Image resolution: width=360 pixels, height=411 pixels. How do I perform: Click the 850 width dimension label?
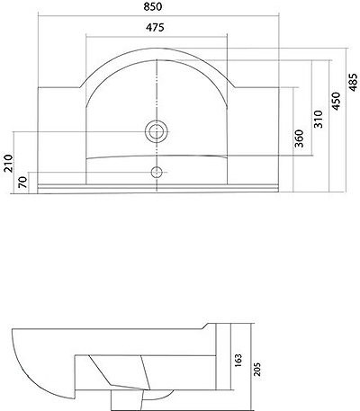153,6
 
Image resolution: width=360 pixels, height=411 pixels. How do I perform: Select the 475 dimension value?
155,27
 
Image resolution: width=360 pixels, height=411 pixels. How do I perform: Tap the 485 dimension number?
354,82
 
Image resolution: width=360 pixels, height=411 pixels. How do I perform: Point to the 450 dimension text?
337,101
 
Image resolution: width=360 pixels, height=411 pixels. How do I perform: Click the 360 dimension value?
299,138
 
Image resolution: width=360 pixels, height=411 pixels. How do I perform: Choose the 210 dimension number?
8,163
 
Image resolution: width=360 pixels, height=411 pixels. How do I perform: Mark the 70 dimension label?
23,182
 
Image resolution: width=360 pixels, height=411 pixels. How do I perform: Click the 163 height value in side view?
238,362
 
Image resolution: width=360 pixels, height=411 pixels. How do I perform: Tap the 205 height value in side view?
257,370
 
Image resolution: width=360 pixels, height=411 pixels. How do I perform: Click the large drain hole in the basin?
156,131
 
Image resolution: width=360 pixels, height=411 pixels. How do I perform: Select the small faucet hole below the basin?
157,173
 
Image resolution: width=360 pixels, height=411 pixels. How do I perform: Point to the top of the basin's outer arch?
157,48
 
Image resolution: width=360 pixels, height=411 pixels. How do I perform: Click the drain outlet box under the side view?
126,399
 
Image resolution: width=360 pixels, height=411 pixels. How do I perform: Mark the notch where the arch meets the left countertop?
80,86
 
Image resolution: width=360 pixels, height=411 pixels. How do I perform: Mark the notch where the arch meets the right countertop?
235,86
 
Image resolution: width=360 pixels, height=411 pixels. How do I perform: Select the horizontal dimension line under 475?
157,37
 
